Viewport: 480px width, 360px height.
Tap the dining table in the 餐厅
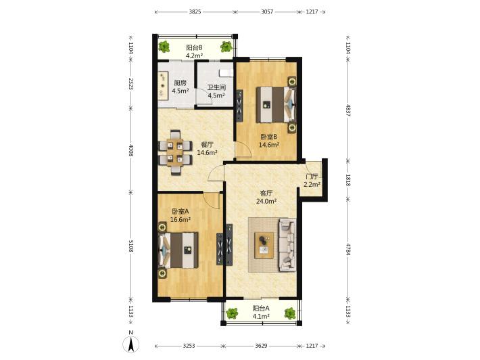click(x=175, y=152)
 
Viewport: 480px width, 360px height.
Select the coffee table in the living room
click(x=264, y=245)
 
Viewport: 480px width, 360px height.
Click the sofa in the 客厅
click(x=287, y=244)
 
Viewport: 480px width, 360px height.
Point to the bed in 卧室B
click(x=277, y=104)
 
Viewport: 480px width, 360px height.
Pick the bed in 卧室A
click(x=178, y=250)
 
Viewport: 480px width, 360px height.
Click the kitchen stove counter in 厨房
click(x=163, y=85)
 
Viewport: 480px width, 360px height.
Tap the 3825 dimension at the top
click(x=195, y=12)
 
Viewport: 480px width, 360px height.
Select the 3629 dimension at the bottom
click(x=261, y=346)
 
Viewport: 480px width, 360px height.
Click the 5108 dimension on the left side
click(x=130, y=246)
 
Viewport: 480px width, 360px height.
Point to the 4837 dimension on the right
click(x=347, y=110)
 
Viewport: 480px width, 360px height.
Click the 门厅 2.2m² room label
click(x=312, y=181)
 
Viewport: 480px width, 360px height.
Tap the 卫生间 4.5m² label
click(x=216, y=91)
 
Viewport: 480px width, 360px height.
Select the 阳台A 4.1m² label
click(x=261, y=312)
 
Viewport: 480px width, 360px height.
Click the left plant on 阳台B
click(x=164, y=47)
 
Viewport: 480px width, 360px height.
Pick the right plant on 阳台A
click(x=289, y=313)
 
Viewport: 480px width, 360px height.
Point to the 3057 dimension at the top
click(x=267, y=12)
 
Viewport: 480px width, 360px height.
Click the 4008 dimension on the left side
click(x=130, y=150)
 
